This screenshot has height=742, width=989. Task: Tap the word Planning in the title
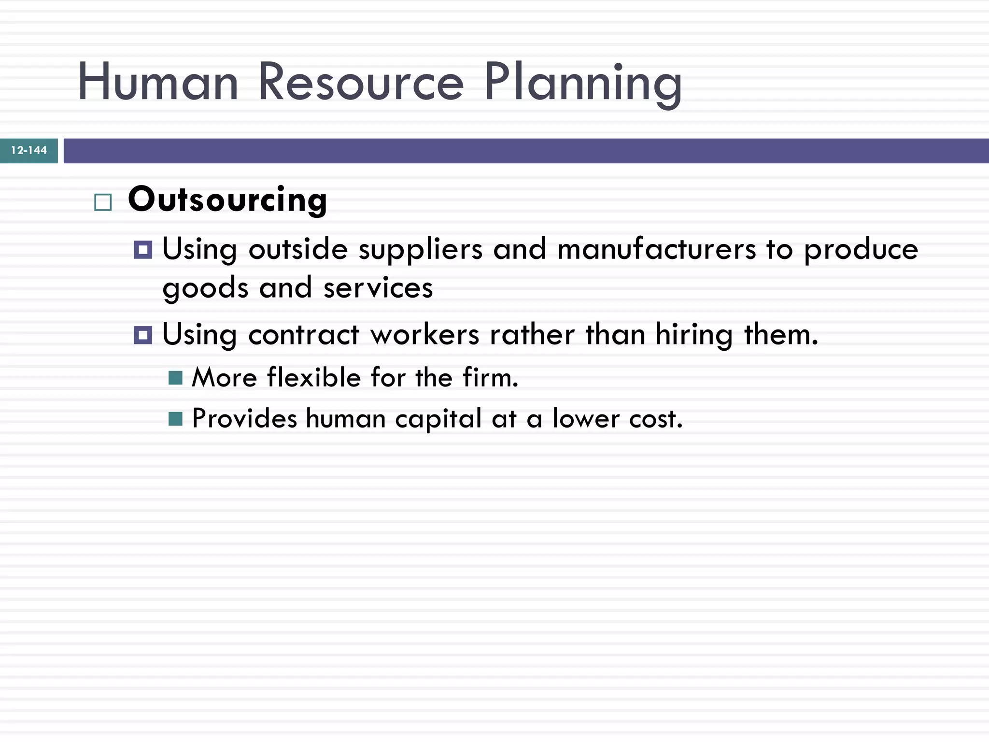point(583,83)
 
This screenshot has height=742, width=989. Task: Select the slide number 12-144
point(29,151)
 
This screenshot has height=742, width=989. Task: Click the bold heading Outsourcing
point(227,200)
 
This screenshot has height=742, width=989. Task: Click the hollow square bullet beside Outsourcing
point(103,202)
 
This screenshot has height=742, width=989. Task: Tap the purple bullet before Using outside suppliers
point(143,250)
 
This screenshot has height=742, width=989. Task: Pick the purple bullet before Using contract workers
point(143,335)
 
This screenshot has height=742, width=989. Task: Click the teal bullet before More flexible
point(175,378)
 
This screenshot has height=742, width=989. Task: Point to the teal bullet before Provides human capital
point(175,419)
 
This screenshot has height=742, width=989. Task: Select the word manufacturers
point(656,250)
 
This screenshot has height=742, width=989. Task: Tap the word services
point(378,288)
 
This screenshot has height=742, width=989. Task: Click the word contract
point(304,335)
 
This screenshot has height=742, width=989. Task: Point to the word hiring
point(694,336)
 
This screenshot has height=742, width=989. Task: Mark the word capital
point(438,419)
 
